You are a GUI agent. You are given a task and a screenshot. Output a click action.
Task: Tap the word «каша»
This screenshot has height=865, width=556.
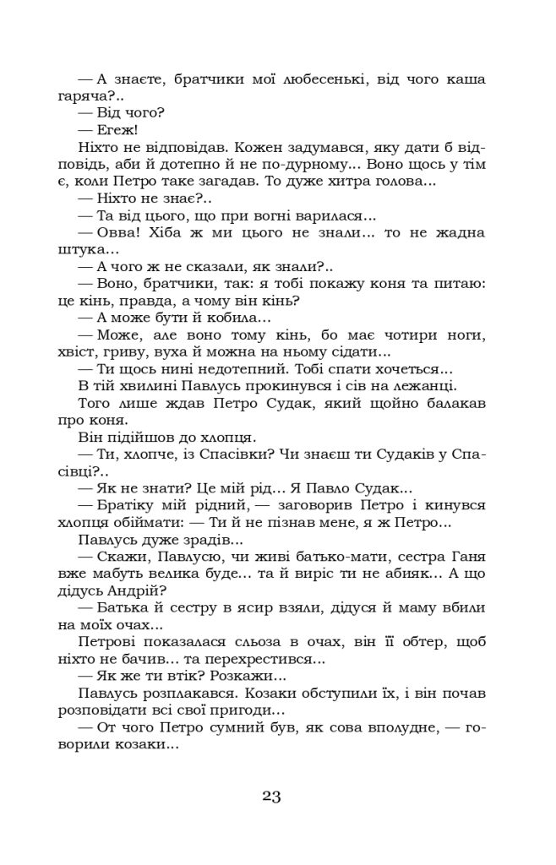465,79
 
